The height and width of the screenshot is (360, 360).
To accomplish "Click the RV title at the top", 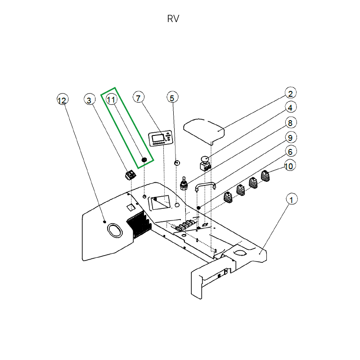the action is pos(173,19).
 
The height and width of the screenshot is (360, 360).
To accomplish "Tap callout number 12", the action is pos(62,100).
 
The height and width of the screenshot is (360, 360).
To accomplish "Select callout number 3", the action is pos(89,100).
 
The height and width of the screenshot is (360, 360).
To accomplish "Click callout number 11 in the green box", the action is pos(111,99).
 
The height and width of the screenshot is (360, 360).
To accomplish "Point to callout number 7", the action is pos(139,98).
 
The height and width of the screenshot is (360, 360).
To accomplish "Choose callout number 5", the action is pos(172,98).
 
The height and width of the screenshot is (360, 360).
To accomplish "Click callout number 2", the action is pos(290,93).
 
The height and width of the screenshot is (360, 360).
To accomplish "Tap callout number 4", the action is pos(290,108).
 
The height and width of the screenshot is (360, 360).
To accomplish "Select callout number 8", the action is pos(290,123).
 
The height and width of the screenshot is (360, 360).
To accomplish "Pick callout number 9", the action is pos(290,138).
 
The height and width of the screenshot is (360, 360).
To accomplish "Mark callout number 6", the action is pos(290,152).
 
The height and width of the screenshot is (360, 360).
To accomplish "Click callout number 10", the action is pos(289,166).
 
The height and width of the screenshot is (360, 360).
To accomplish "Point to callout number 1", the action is pos(292,200).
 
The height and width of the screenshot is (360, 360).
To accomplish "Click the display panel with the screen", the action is pos(161,139).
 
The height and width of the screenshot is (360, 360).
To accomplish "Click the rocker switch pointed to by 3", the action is pos(130,175).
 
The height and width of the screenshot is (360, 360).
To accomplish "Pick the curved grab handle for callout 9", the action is pos(206,186).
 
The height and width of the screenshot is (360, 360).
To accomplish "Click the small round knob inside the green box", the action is pos(144,160).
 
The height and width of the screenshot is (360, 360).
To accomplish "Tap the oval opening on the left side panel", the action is pos(115,230).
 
